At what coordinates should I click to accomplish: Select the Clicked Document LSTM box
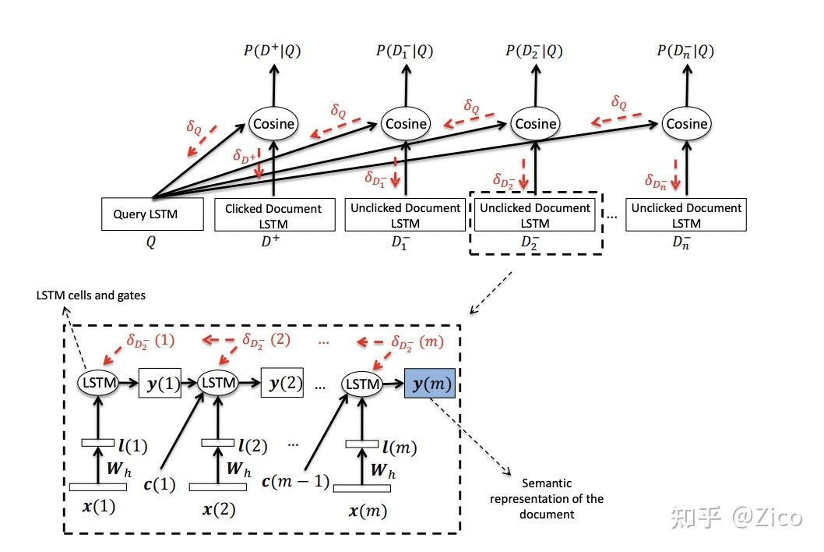click(273, 215)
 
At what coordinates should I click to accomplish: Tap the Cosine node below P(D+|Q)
click(273, 123)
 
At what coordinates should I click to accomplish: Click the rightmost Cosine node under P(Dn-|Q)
click(687, 123)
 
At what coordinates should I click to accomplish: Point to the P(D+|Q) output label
click(272, 51)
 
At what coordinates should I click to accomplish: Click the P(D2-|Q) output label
click(533, 51)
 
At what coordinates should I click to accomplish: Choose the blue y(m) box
click(429, 384)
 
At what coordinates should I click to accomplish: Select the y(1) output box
click(160, 384)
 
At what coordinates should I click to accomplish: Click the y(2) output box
click(282, 384)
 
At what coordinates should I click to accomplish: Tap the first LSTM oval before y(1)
click(97, 384)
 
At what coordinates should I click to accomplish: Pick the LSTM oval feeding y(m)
click(361, 384)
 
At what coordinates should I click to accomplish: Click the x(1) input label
click(98, 507)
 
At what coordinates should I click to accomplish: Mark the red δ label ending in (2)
click(265, 340)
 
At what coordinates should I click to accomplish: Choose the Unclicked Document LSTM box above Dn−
click(686, 215)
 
